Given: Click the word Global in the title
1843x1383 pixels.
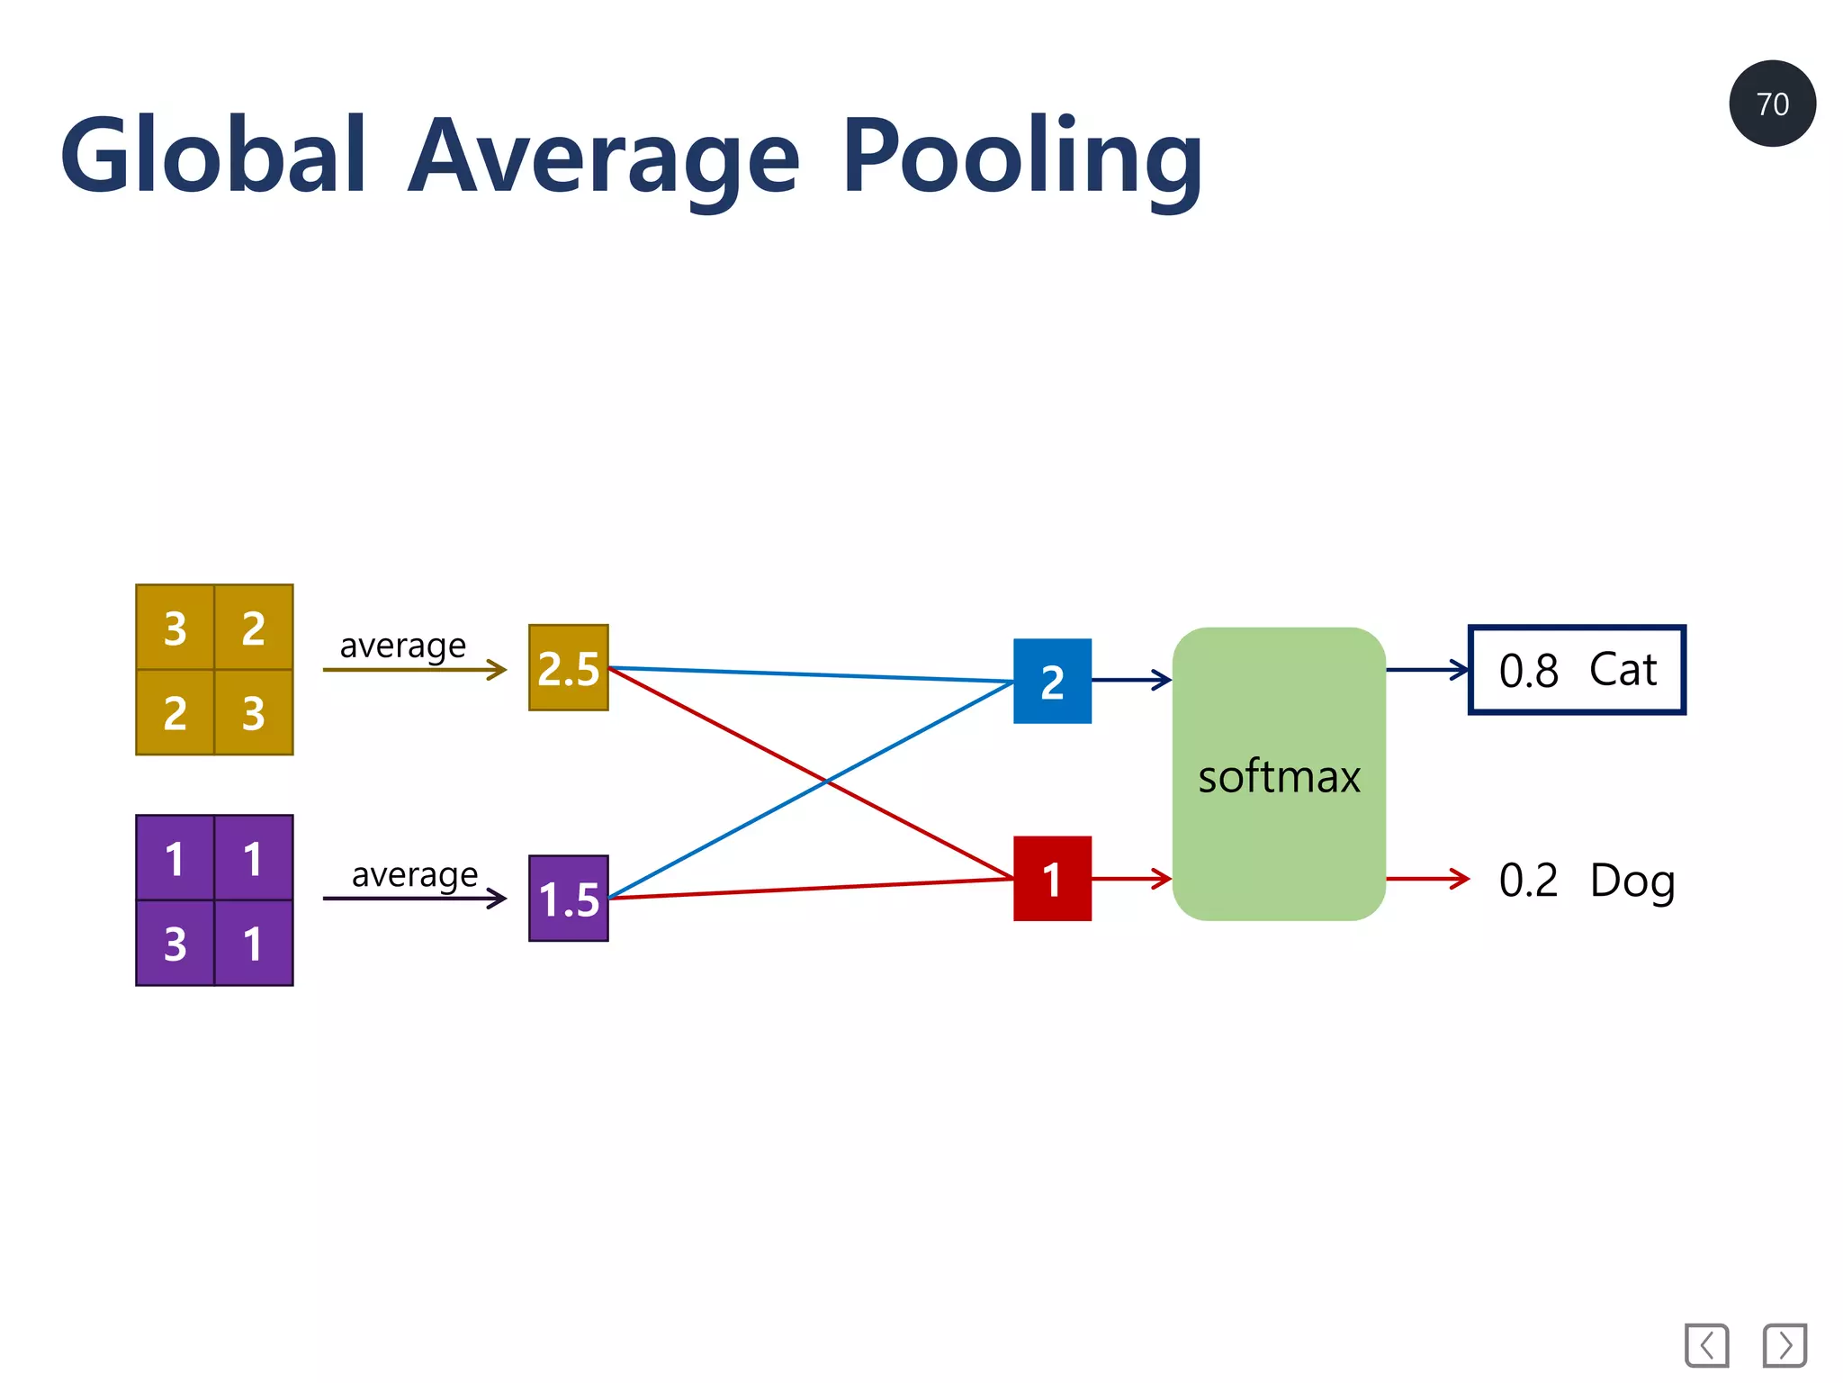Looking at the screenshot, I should tap(214, 156).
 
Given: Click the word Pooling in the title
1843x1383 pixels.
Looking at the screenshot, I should tap(1021, 158).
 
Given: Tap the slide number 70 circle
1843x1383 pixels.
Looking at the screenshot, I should tap(1771, 104).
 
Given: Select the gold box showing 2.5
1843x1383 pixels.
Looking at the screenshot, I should tap(568, 668).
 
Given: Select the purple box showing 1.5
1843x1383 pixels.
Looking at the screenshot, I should tap(568, 898).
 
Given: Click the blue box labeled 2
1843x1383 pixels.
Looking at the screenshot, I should tap(1052, 681).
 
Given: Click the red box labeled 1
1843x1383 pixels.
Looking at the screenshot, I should tap(1052, 879).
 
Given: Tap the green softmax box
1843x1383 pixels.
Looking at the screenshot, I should tap(1278, 774).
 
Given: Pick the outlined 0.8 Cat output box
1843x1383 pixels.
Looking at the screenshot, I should tap(1577, 670).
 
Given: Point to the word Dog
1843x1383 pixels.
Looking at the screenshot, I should tap(1632, 881).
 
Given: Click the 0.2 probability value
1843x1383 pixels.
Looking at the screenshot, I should tap(1528, 881).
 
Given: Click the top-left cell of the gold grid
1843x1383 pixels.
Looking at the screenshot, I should tap(175, 628).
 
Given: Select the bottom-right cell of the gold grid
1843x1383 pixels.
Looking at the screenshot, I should tap(254, 712).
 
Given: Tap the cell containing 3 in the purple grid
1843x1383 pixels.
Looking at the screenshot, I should tap(175, 944).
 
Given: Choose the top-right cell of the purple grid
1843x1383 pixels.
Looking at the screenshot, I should tap(254, 858).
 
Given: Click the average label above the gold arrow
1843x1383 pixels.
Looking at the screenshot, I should tap(402, 646).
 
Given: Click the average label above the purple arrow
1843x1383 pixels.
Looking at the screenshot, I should tap(414, 874).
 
